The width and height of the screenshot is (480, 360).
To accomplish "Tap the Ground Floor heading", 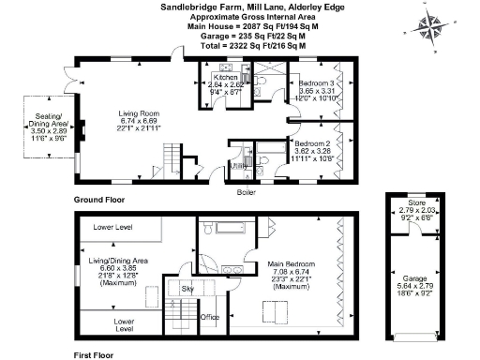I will point(99,201).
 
